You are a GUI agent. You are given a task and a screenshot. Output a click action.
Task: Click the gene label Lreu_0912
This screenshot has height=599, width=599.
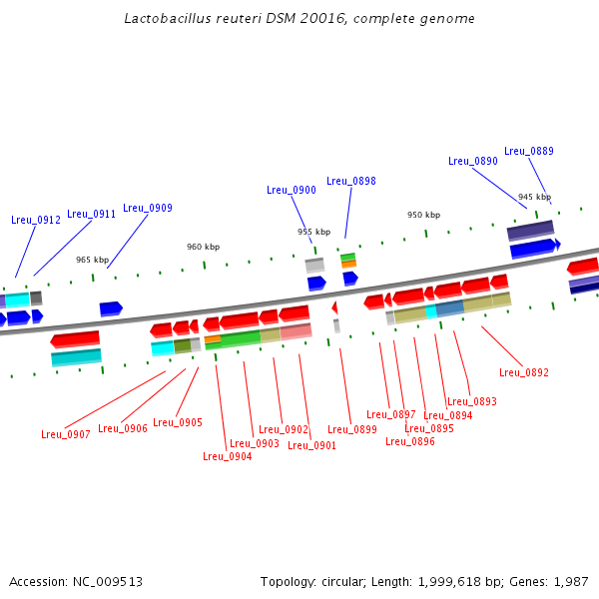pyautogui.click(x=36, y=220)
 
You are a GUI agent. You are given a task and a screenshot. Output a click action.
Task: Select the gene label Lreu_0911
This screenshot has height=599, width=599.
pyautogui.click(x=92, y=214)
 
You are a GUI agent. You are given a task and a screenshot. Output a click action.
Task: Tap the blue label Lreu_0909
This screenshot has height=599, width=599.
pyautogui.click(x=148, y=208)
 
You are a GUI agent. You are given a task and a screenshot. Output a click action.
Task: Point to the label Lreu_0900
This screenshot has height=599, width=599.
pyautogui.click(x=292, y=190)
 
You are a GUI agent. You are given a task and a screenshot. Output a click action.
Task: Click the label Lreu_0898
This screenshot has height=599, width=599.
pyautogui.click(x=351, y=181)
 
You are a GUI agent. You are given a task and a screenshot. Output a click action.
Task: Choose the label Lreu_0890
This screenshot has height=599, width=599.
pyautogui.click(x=473, y=161)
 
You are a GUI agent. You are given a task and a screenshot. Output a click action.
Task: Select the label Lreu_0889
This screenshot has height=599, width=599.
pyautogui.click(x=529, y=151)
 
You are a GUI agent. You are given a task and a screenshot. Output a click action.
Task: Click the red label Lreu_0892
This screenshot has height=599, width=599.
pyautogui.click(x=524, y=372)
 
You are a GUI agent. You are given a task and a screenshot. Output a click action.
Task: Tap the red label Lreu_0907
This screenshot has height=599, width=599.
pyautogui.click(x=66, y=434)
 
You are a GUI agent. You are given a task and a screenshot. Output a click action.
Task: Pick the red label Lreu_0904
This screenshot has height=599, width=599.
pyautogui.click(x=228, y=456)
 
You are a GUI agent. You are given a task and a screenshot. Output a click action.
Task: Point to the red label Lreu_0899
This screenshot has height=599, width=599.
pyautogui.click(x=352, y=429)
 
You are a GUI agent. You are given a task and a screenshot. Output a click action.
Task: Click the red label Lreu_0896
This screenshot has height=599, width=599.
pyautogui.click(x=410, y=440)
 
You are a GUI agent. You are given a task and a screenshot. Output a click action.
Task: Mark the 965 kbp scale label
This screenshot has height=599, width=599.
pyautogui.click(x=92, y=260)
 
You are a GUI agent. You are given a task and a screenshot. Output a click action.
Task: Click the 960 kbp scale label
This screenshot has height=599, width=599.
pyautogui.click(x=203, y=247)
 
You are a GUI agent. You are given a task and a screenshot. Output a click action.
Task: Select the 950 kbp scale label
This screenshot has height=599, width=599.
pyautogui.click(x=423, y=215)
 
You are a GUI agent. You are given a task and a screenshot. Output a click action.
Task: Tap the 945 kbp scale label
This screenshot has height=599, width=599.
pyautogui.click(x=534, y=197)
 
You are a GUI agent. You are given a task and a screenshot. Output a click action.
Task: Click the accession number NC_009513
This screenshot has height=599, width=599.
pyautogui.click(x=108, y=581)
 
